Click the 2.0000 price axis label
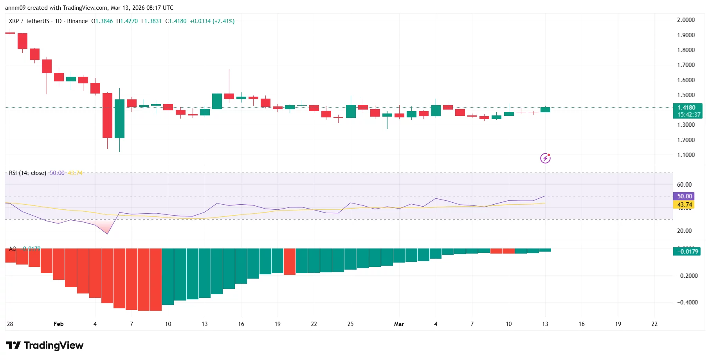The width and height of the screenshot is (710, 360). pyautogui.click(x=686, y=20)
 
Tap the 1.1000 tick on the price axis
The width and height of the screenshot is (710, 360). pyautogui.click(x=686, y=155)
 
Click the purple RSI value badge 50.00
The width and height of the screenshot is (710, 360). pyautogui.click(x=684, y=196)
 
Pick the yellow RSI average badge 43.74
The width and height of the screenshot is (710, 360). pyautogui.click(x=684, y=205)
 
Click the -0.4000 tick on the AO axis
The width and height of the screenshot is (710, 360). pyautogui.click(x=687, y=302)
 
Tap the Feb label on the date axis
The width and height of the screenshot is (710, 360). pyautogui.click(x=58, y=324)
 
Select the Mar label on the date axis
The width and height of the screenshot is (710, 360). pyautogui.click(x=399, y=324)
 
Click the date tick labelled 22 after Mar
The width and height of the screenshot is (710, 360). pyautogui.click(x=654, y=324)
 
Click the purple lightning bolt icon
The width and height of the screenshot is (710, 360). pyautogui.click(x=545, y=158)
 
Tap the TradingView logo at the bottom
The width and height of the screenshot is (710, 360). pyautogui.click(x=45, y=346)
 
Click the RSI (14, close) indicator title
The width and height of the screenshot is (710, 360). pyautogui.click(x=27, y=173)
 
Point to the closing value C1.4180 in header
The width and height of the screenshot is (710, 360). pyautogui.click(x=176, y=21)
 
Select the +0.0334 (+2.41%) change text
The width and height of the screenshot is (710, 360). pyautogui.click(x=212, y=21)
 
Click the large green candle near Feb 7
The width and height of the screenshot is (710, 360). pyautogui.click(x=119, y=119)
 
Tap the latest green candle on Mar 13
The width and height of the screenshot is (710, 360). pyautogui.click(x=545, y=110)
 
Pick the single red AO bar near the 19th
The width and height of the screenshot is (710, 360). pyautogui.click(x=290, y=261)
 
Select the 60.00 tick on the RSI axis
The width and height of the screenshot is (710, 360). pyautogui.click(x=684, y=185)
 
